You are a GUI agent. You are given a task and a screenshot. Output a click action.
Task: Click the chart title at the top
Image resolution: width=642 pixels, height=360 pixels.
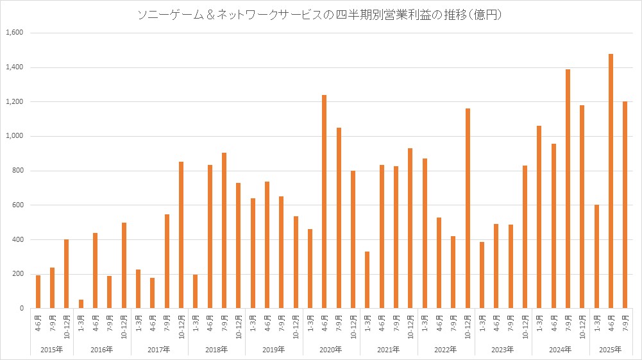[321, 15]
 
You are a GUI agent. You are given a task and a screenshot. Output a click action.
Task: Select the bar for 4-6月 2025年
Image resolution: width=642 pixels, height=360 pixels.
[611, 181]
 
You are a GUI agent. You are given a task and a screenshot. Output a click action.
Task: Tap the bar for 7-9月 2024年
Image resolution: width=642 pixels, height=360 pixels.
[568, 189]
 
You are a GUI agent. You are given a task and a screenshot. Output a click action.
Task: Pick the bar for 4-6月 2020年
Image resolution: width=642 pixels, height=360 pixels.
[325, 201]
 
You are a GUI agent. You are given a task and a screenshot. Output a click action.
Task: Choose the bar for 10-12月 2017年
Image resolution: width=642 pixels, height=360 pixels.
[182, 235]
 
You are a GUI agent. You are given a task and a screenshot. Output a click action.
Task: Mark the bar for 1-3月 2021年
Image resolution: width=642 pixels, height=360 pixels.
[367, 280]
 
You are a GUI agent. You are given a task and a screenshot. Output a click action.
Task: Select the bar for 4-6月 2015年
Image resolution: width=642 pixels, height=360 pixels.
[38, 292]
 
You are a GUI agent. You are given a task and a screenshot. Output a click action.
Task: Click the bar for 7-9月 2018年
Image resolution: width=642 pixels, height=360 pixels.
[224, 230]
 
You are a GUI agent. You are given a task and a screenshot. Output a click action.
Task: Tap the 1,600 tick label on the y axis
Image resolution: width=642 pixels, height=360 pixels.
[13, 33]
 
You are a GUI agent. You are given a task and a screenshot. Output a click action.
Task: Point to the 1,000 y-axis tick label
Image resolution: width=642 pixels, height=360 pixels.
[13, 136]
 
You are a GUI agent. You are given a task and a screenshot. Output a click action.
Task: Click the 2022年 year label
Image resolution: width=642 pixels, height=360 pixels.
[446, 349]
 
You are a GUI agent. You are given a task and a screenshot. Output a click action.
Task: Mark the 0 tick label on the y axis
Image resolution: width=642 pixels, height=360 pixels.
[21, 309]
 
